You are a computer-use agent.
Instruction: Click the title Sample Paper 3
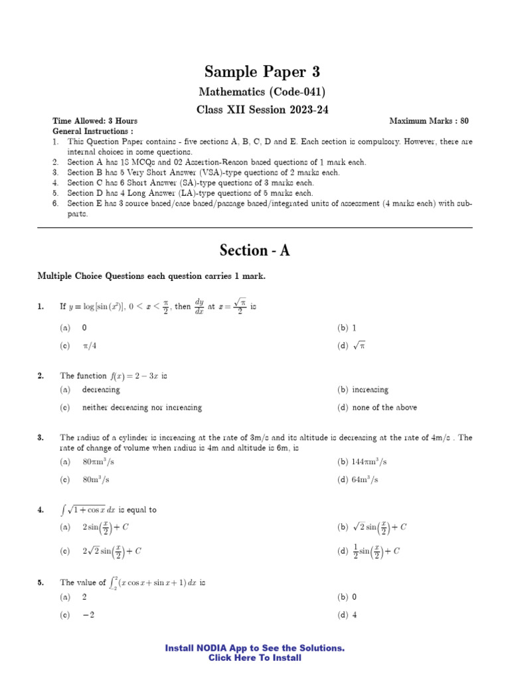[255, 72]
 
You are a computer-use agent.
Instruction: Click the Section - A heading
[255, 250]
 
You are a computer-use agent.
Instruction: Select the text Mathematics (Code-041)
[255, 92]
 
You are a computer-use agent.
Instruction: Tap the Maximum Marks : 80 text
[428, 121]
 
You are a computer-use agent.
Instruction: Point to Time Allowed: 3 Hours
[95, 121]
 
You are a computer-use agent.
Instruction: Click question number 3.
[41, 438]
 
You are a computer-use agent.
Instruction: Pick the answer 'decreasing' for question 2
[101, 390]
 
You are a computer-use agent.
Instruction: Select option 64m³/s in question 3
[359, 479]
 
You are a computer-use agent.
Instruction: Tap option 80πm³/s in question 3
[104, 462]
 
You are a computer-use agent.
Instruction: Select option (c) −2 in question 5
[88, 615]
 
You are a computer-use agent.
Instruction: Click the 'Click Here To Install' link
[255, 658]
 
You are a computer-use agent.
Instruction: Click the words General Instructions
[84, 131]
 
